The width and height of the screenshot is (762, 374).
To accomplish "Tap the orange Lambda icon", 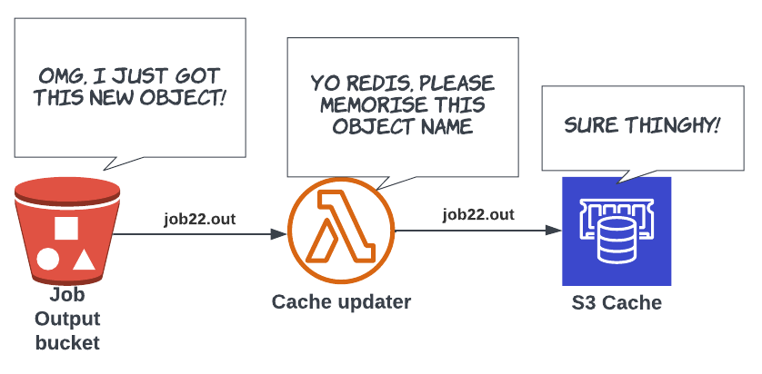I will pyautogui.click(x=342, y=232).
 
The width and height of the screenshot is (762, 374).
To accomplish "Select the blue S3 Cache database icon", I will pyautogui.click(x=617, y=231).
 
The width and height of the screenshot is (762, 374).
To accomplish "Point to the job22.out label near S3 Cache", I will pyautogui.click(x=478, y=215).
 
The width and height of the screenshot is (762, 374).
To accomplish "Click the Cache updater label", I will pyautogui.click(x=341, y=301).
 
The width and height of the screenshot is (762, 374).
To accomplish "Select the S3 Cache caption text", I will pyautogui.click(x=617, y=302).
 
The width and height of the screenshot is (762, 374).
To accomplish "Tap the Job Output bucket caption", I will pyautogui.click(x=67, y=320).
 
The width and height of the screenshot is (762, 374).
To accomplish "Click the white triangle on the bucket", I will pyautogui.click(x=84, y=261).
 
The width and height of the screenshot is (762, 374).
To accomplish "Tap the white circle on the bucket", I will pyautogui.click(x=48, y=261).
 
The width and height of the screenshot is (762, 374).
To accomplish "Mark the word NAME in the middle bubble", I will pyautogui.click(x=445, y=126).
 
